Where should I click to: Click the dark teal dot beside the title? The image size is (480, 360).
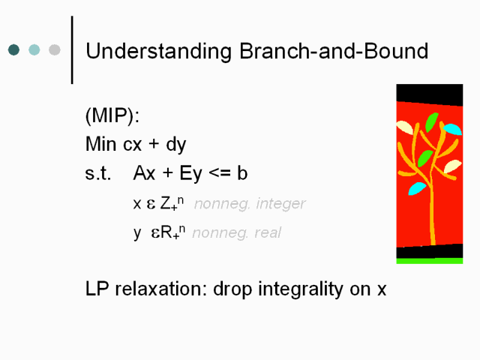pyautogui.click(x=13, y=49)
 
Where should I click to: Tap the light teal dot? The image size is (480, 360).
pyautogui.click(x=34, y=49)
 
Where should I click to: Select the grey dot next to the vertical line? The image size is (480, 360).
pyautogui.click(x=55, y=49)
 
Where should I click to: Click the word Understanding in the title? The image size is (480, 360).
pyautogui.click(x=158, y=52)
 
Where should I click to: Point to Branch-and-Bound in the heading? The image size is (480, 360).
pyautogui.click(x=334, y=51)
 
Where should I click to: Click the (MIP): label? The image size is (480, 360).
pyautogui.click(x=112, y=115)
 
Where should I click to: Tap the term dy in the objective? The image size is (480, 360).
pyautogui.click(x=176, y=145)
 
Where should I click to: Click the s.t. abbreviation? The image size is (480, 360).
pyautogui.click(x=98, y=173)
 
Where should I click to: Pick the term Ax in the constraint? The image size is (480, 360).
pyautogui.click(x=144, y=173)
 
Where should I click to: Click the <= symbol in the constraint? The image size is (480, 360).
pyautogui.click(x=220, y=173)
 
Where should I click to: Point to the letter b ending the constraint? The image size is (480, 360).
pyautogui.click(x=242, y=173)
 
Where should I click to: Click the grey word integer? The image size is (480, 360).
pyautogui.click(x=280, y=204)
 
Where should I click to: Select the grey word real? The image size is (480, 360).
pyautogui.click(x=268, y=232)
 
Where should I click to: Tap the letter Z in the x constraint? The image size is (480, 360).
pyautogui.click(x=166, y=202)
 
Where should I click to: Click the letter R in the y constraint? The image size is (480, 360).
pyautogui.click(x=166, y=232)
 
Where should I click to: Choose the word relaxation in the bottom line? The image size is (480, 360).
pyautogui.click(x=158, y=289)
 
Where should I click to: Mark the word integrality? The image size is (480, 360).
pyautogui.click(x=301, y=289)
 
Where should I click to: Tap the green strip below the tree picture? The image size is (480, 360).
pyautogui.click(x=430, y=261)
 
